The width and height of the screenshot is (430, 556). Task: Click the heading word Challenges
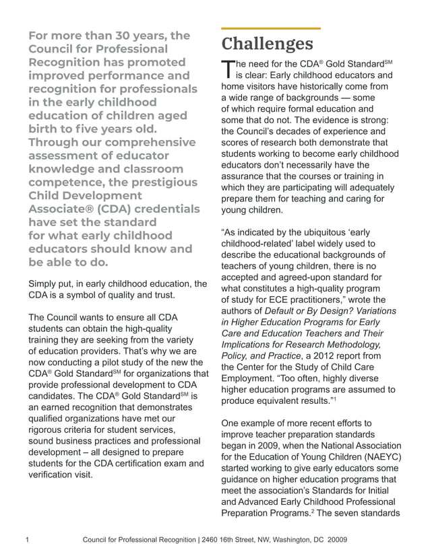[267, 44]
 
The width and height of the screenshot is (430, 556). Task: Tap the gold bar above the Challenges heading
[271, 29]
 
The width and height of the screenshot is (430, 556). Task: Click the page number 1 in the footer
[26, 540]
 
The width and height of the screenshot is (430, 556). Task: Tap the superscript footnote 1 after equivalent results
[335, 398]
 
